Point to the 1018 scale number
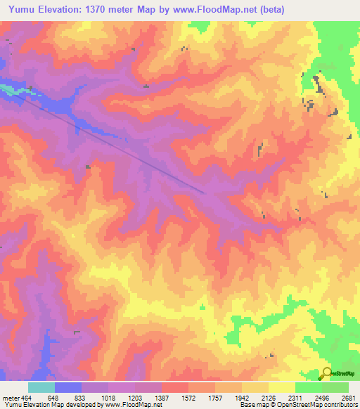(108, 397)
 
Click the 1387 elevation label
(161, 397)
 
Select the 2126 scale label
(268, 397)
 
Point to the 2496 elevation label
(321, 397)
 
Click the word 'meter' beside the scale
(11, 397)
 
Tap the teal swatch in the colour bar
(41, 387)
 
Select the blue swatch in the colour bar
(67, 387)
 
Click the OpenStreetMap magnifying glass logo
(326, 373)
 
